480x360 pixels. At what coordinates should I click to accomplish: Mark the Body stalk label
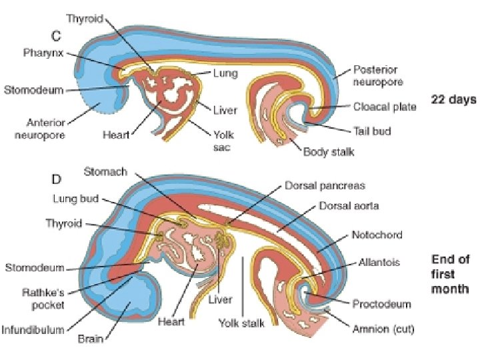click(x=329, y=153)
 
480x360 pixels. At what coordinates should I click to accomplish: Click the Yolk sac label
click(x=223, y=141)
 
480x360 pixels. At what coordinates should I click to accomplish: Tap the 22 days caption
click(x=453, y=99)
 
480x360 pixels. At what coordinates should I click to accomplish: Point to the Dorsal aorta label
click(x=350, y=206)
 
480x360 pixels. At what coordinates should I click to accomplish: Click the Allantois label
click(x=377, y=263)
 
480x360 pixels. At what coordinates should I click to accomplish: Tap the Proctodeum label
click(x=381, y=304)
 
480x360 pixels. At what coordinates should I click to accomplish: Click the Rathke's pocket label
click(x=43, y=299)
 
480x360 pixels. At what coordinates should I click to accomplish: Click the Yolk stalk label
click(x=241, y=324)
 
